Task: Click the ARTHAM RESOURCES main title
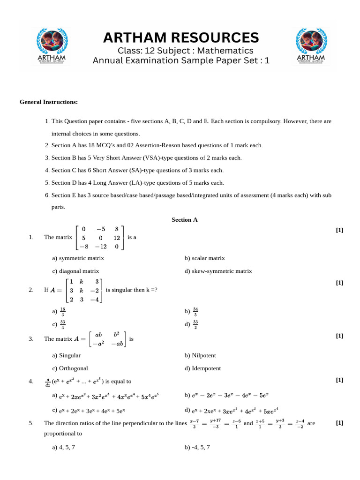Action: (181, 37)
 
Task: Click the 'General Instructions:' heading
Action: (49, 102)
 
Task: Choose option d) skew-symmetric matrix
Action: (218, 271)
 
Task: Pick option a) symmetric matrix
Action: (78, 258)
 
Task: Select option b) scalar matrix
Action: (205, 258)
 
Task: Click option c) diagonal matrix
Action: (75, 271)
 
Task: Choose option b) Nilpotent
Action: (200, 355)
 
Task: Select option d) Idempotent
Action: (202, 368)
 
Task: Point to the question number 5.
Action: (31, 423)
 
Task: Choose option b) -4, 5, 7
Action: (197, 447)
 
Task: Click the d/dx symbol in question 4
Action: (47, 382)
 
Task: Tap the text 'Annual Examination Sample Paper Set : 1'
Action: (181, 60)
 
